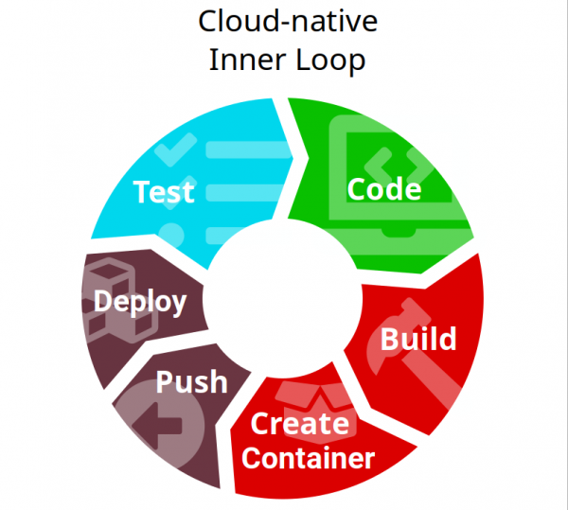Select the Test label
point(164,192)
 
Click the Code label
point(383,189)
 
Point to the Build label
point(417,339)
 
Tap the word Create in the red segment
point(299,424)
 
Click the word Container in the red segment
point(309,459)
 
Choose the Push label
point(192,382)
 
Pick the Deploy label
point(140,303)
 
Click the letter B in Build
point(390,340)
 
